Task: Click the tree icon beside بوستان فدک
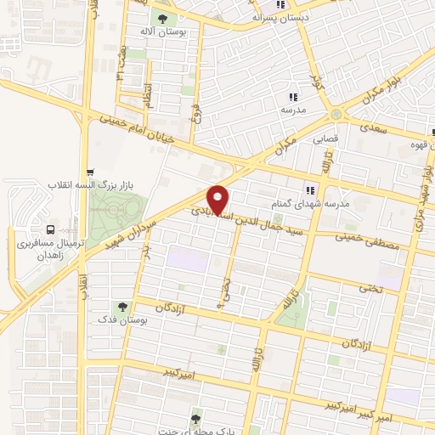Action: (x=124, y=308)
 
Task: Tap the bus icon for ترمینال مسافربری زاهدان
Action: (x=52, y=229)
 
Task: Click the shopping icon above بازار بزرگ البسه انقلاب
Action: (x=90, y=171)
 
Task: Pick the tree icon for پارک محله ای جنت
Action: (x=196, y=418)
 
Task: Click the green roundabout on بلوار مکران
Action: (x=337, y=115)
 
